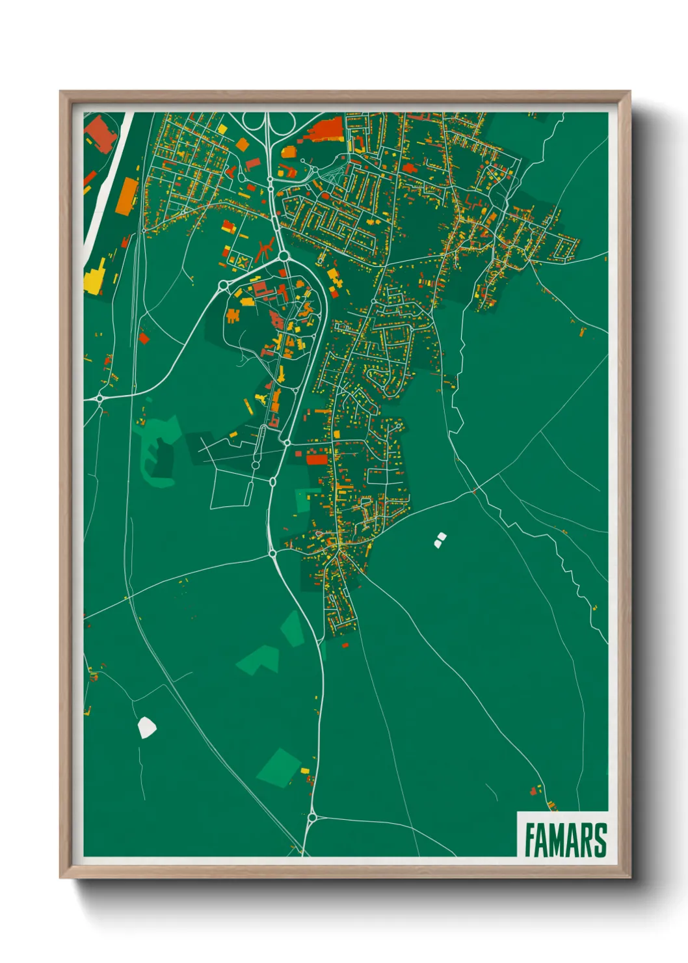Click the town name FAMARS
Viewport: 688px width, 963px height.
[564, 840]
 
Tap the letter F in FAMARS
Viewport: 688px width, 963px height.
[529, 840]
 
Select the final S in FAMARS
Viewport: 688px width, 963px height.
[600, 840]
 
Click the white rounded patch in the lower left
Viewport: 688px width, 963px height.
[147, 727]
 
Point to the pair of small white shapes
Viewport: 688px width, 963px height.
[440, 539]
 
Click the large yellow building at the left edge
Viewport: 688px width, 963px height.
[95, 277]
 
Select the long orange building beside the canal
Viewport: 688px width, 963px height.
[127, 196]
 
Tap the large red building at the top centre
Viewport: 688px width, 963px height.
[326, 129]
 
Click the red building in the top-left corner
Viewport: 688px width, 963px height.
[99, 133]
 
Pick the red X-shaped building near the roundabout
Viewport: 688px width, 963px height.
[264, 249]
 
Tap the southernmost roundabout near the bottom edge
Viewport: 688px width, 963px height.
[312, 817]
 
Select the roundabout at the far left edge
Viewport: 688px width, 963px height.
[100, 398]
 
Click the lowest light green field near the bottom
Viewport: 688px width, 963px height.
[279, 768]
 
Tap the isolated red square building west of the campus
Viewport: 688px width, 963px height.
[144, 338]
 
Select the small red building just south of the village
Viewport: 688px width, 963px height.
[345, 645]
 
